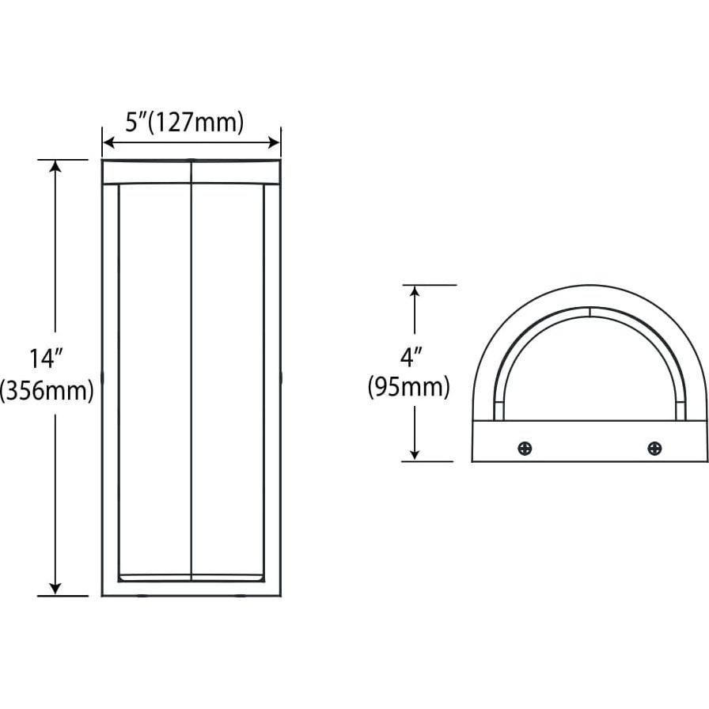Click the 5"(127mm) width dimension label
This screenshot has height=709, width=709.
(184, 122)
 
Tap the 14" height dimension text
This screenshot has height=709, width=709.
(46, 358)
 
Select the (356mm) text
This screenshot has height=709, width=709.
(47, 391)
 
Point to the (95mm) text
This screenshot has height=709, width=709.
(408, 388)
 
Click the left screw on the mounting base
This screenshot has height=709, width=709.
(525, 449)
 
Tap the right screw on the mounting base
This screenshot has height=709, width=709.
(654, 449)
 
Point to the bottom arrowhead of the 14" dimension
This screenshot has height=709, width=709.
(55, 588)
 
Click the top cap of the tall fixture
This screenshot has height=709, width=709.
(191, 172)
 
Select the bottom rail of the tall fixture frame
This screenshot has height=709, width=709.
(191, 589)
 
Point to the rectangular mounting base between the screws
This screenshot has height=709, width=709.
(590, 442)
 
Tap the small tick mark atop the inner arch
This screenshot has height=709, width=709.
(590, 312)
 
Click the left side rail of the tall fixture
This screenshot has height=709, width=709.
(110, 380)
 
